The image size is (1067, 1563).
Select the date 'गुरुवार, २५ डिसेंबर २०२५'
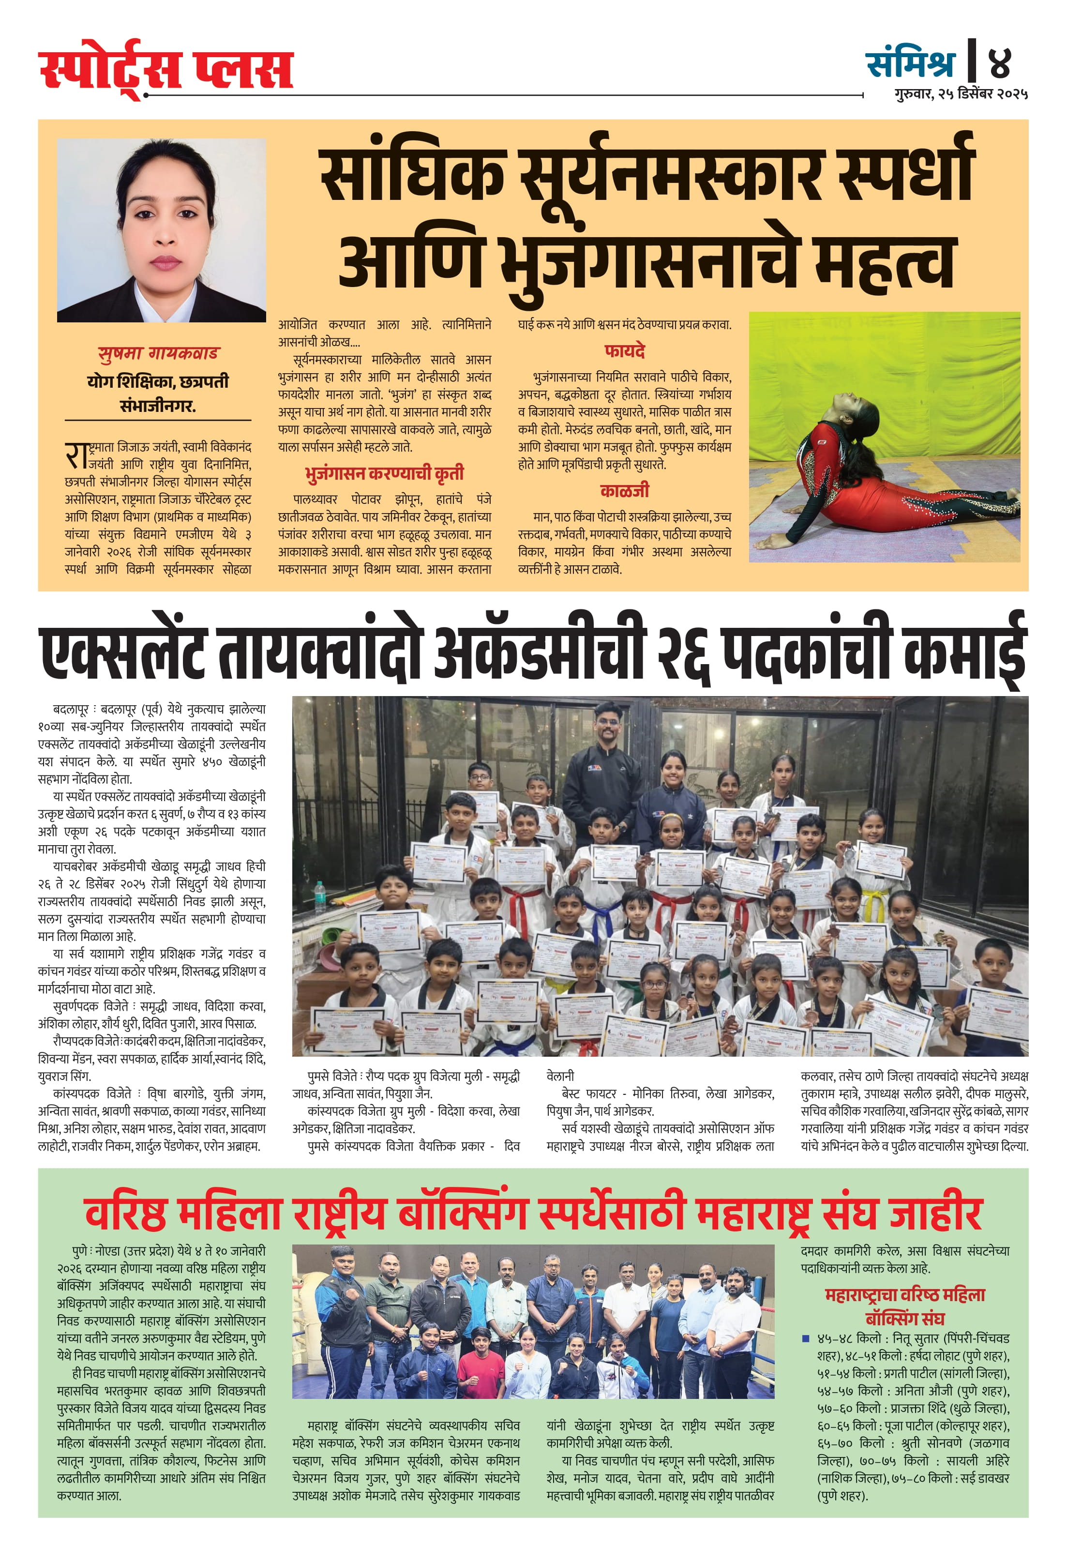click(961, 94)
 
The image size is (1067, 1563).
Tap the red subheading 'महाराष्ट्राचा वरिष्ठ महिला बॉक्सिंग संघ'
click(904, 1306)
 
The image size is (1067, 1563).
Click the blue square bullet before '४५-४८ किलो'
click(806, 1338)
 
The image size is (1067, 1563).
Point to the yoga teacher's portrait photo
click(161, 230)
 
